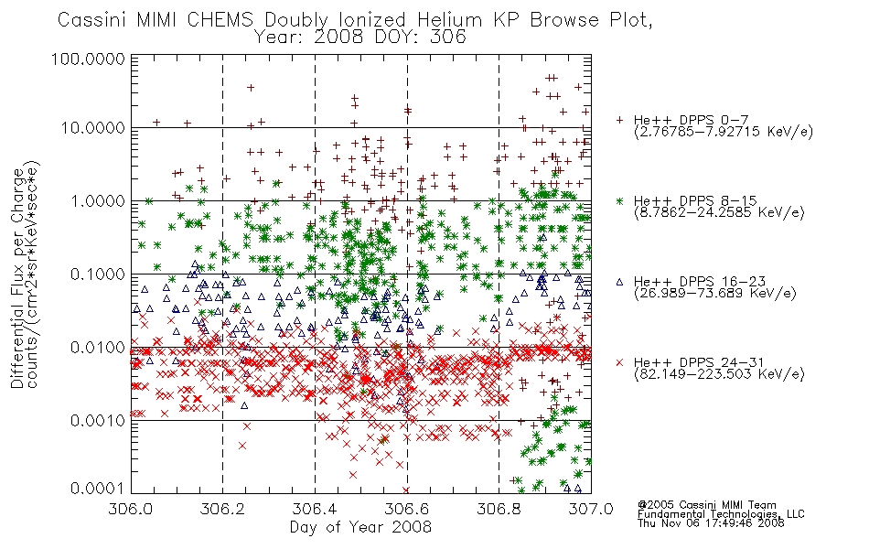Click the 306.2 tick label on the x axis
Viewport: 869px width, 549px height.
click(x=223, y=509)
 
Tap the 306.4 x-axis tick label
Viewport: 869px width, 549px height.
click(x=315, y=509)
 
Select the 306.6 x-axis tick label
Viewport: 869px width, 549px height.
click(x=407, y=509)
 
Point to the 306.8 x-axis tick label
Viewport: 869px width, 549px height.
click(x=499, y=509)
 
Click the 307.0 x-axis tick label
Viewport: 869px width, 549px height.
click(x=591, y=509)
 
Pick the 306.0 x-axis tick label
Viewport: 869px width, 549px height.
click(x=131, y=509)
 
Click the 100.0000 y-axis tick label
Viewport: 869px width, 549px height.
click(x=88, y=59)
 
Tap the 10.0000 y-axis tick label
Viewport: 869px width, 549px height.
click(x=92, y=128)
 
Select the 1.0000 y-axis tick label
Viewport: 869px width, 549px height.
click(x=98, y=200)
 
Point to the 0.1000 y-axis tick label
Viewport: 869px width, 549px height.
click(x=98, y=274)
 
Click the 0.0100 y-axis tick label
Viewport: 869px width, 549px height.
click(x=98, y=348)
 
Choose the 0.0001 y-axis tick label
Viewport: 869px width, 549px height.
click(x=98, y=489)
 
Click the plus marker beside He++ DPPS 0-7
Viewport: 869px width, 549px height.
click(x=619, y=120)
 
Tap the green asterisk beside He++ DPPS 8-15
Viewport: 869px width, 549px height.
click(x=619, y=200)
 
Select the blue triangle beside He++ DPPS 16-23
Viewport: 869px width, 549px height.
click(x=619, y=282)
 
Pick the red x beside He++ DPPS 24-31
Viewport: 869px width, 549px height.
click(x=619, y=362)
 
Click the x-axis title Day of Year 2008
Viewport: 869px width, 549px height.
click(x=360, y=527)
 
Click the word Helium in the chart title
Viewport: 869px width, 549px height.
click(x=449, y=20)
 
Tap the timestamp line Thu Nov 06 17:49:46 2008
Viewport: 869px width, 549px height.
click(x=711, y=523)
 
